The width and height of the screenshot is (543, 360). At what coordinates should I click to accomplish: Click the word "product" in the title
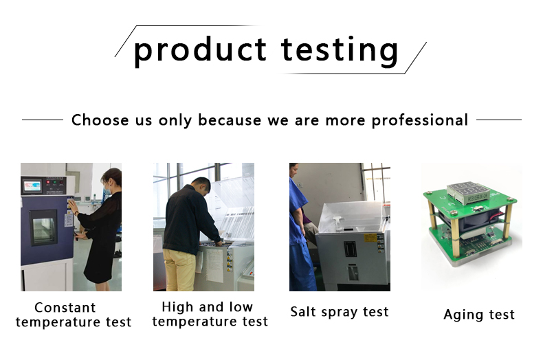coord(200,51)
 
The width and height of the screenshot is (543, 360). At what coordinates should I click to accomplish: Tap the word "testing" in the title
coord(340,51)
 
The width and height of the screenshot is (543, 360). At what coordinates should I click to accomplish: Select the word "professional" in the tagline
coord(420,120)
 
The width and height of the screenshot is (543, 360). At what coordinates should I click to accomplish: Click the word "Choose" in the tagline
coord(100,120)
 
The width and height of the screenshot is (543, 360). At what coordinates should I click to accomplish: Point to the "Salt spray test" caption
coord(340,312)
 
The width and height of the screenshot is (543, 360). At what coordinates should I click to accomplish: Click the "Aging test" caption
coord(479,315)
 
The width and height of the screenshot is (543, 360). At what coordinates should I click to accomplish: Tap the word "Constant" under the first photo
coord(65,307)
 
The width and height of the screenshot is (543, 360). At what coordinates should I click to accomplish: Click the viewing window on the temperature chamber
coord(43,227)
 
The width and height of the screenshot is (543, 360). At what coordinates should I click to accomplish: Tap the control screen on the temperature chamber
coord(32,185)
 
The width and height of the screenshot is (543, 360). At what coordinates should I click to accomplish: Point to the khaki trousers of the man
coord(179,269)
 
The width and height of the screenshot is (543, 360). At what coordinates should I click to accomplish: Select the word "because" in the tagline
coord(230,120)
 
